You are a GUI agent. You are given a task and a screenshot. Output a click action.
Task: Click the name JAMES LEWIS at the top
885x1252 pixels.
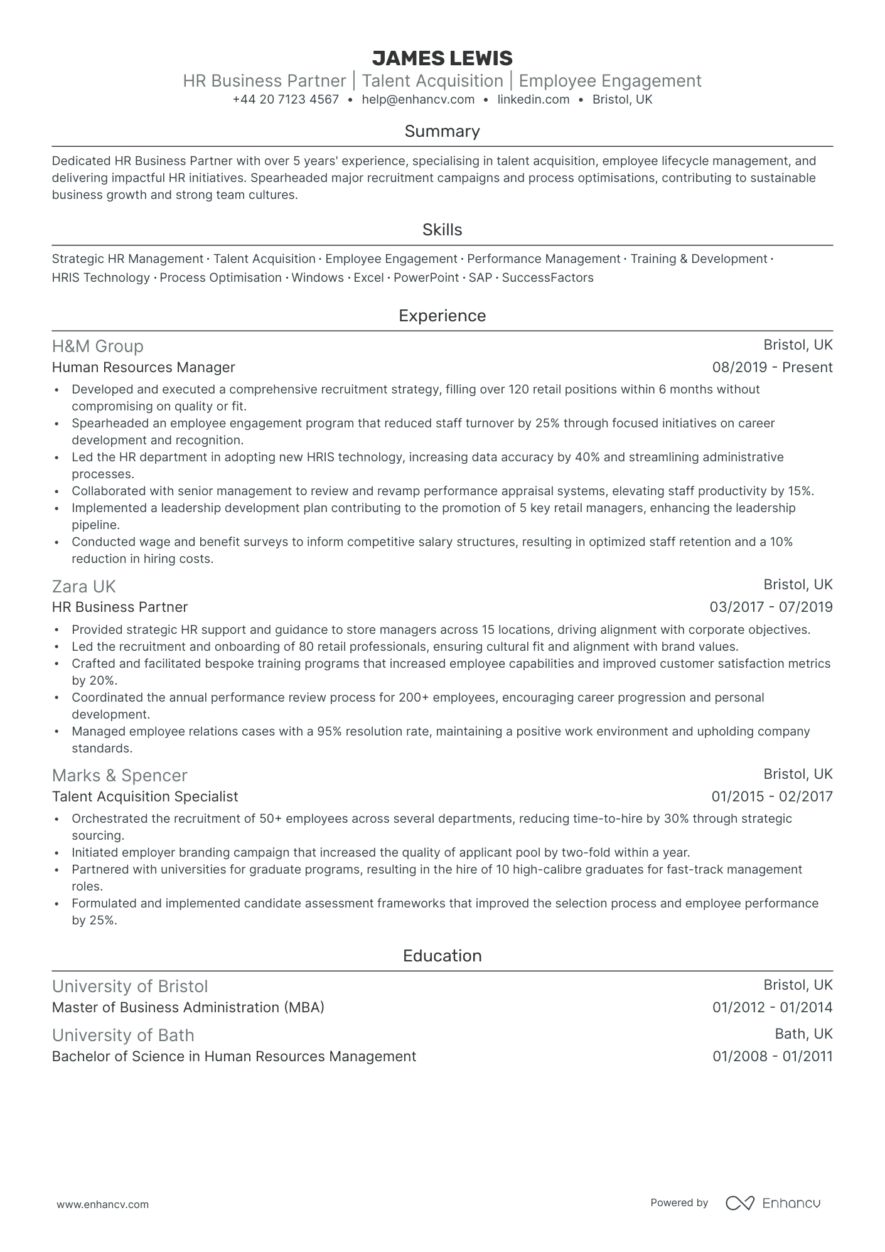pyautogui.click(x=442, y=58)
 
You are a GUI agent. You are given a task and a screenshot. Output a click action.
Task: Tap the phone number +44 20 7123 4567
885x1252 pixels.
pyautogui.click(x=286, y=99)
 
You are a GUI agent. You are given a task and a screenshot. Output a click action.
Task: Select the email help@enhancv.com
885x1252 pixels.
pyautogui.click(x=418, y=99)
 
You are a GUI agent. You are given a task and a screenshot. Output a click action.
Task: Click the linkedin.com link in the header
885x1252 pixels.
pyautogui.click(x=534, y=99)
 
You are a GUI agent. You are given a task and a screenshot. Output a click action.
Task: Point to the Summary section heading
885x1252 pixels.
pyautogui.click(x=442, y=131)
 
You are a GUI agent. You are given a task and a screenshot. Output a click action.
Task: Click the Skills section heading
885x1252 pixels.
pyautogui.click(x=442, y=230)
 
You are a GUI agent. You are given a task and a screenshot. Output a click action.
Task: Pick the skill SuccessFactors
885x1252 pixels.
pyautogui.click(x=547, y=277)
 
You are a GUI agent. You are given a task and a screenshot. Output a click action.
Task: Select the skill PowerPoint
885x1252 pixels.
pyautogui.click(x=426, y=277)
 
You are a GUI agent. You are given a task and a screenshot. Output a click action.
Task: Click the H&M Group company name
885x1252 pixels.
pyautogui.click(x=98, y=346)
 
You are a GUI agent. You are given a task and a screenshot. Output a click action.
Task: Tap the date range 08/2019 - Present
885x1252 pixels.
pyautogui.click(x=772, y=367)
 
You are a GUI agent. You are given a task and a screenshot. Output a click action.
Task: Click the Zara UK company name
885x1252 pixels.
pyautogui.click(x=84, y=586)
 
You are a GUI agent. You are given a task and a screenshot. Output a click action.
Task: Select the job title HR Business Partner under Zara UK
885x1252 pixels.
pyautogui.click(x=120, y=607)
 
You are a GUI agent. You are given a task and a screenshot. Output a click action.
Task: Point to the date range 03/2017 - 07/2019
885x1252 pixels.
pyautogui.click(x=771, y=607)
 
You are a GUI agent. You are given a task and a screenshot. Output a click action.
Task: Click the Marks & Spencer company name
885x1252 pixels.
pyautogui.click(x=120, y=776)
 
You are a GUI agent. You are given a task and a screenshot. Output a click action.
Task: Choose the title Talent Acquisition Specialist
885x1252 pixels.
pyautogui.click(x=145, y=796)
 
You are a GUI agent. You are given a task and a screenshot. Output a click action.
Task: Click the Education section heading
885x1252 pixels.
pyautogui.click(x=442, y=956)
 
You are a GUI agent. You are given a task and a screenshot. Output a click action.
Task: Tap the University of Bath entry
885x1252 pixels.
pyautogui.click(x=123, y=1035)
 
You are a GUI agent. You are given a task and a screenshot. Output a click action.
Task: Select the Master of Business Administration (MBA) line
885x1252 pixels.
pyautogui.click(x=188, y=1007)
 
